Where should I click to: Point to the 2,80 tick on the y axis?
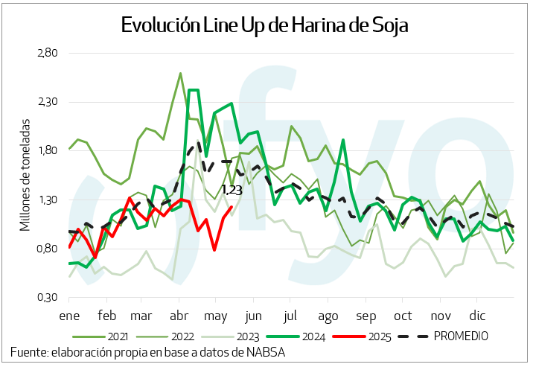pos(48,53)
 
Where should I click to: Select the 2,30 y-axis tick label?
pos(48,102)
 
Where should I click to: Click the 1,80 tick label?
pos(48,150)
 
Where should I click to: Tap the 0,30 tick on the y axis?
pos(48,297)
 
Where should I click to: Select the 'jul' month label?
pos(292,313)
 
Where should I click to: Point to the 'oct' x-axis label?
pos(403,313)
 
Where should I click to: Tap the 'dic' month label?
pos(476,313)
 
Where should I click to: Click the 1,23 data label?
pos(232,190)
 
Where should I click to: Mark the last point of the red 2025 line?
pos(232,208)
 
